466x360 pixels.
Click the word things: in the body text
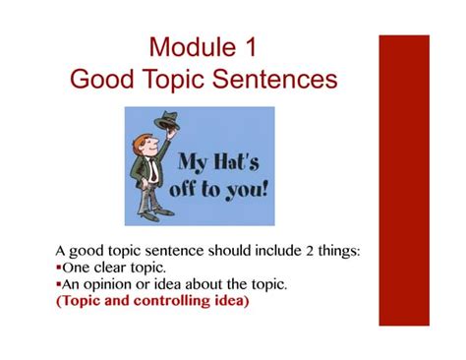tap(345, 252)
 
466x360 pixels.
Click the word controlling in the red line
tap(170, 301)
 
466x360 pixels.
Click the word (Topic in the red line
tap(80, 301)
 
